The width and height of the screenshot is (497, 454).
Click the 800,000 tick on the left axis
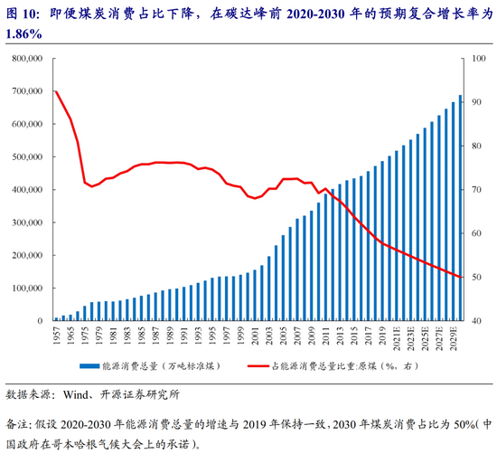point(27,59)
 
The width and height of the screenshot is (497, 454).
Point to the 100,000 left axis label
point(27,288)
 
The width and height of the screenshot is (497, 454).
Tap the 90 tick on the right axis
point(477,102)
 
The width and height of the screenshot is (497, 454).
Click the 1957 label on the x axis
point(57,336)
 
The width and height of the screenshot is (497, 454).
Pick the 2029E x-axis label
point(455,338)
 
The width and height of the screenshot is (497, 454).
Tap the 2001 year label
point(256,336)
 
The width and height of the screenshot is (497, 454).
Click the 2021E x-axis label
point(398,338)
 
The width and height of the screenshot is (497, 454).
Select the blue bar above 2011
point(326,258)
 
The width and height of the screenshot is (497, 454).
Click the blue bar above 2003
point(269,288)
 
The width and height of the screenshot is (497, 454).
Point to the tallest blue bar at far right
point(460,208)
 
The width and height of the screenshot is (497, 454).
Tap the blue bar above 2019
point(382,241)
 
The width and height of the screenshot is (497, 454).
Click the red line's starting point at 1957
point(56,91)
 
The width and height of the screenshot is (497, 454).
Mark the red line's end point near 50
point(461,278)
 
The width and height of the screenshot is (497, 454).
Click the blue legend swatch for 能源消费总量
point(89,366)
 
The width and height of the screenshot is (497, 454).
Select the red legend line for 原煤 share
point(258,366)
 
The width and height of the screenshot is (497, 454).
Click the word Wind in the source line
point(75,395)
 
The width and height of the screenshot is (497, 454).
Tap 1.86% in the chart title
point(23,34)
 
